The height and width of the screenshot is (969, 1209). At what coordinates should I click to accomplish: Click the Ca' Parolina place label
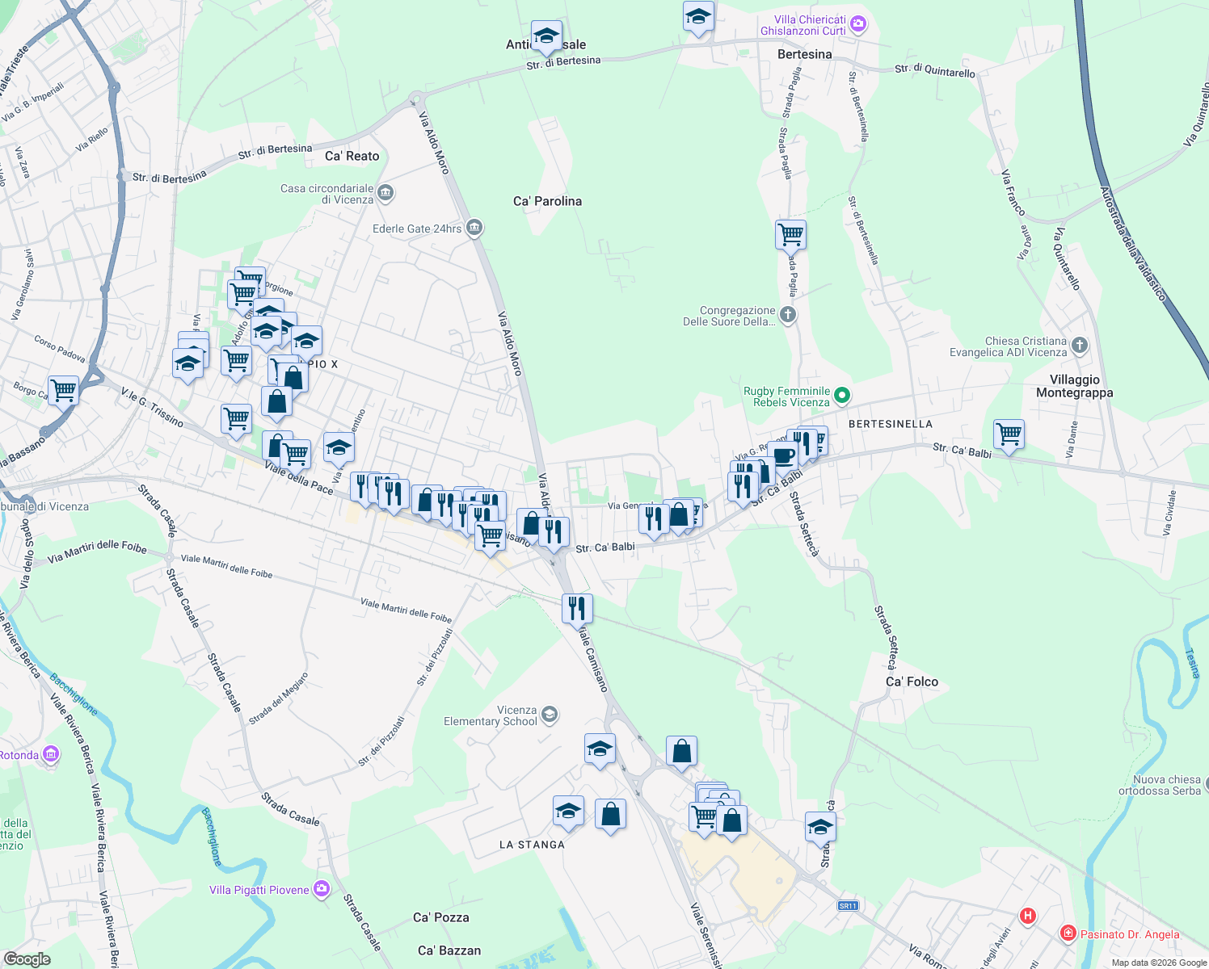[x=547, y=201]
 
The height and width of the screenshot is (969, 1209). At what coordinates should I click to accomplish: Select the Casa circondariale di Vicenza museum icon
[x=385, y=193]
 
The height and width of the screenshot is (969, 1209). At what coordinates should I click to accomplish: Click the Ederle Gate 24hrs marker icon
[x=474, y=228]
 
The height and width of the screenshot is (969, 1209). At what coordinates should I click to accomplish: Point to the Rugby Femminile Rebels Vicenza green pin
[x=842, y=396]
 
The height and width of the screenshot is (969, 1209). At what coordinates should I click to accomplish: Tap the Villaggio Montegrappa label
[x=1074, y=386]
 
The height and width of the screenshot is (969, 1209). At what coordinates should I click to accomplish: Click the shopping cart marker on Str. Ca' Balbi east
[x=1009, y=434]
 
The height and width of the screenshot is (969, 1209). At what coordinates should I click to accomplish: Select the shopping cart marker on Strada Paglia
[x=790, y=235]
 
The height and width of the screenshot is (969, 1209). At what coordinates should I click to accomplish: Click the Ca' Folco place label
[x=912, y=682]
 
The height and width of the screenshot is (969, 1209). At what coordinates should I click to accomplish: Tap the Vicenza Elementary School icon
[x=550, y=714]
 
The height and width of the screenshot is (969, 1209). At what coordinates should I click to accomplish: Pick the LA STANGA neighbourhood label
[x=532, y=845]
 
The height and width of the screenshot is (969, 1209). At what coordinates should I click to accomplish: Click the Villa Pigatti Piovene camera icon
[x=322, y=889]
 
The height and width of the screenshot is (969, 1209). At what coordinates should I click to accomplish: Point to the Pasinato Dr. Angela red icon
[x=1068, y=934]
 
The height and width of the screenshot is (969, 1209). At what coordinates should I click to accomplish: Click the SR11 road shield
[x=847, y=905]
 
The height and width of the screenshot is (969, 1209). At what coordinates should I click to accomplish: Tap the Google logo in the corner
[x=27, y=959]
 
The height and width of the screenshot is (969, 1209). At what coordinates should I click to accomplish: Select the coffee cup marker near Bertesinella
[x=782, y=455]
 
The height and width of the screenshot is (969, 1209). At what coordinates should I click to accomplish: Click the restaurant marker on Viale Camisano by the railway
[x=577, y=607]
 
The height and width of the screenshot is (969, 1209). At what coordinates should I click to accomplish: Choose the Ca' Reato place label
[x=352, y=156]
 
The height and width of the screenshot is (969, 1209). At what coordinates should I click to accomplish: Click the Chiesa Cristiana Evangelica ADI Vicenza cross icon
[x=1080, y=346]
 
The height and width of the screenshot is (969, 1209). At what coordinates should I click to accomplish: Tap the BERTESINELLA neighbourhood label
[x=890, y=424]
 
